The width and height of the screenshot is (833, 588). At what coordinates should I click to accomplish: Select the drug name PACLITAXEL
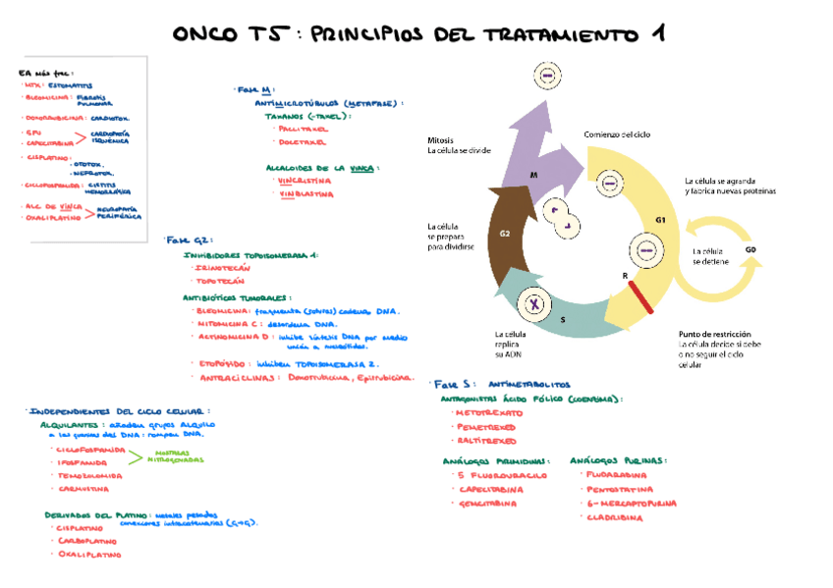pos(303,129)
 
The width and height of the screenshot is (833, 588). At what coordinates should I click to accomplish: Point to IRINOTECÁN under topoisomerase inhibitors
pos(224,267)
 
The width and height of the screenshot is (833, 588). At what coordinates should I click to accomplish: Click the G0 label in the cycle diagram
pos(750,250)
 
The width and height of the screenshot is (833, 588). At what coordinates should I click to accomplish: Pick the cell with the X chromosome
pos(536,304)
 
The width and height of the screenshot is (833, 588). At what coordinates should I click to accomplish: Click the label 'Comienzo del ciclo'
pos(617,134)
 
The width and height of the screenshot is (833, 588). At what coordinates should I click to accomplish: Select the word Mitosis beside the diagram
pos(440,140)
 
